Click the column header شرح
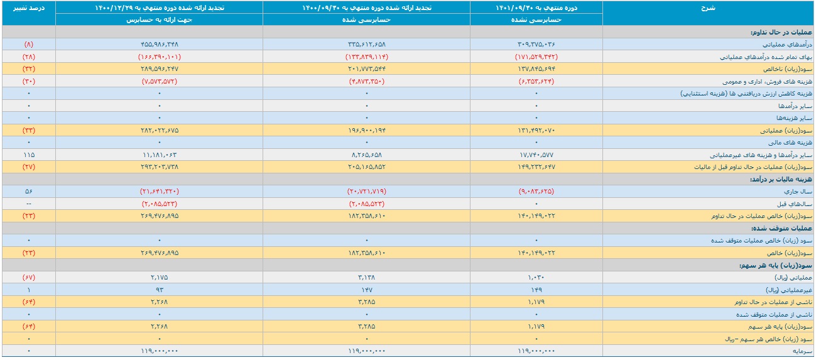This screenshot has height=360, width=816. coord(708,8)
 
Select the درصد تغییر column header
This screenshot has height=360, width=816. coord(29,8)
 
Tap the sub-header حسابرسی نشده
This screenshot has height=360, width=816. coord(536,19)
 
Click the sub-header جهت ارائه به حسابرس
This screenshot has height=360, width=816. coord(159,19)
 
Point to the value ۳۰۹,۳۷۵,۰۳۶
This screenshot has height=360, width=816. coord(536,44)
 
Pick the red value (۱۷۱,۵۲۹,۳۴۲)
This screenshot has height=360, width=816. coord(536,57)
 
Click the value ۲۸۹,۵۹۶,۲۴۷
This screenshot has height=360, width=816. coord(160,69)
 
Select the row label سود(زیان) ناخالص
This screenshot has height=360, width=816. coord(788,69)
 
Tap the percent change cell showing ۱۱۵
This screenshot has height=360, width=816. coord(29,155)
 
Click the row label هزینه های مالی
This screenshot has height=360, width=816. coord(790,143)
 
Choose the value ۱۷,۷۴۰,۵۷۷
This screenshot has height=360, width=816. coord(536,155)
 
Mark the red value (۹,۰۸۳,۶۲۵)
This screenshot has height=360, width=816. coord(536,191)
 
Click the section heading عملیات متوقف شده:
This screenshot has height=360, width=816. coord(781,229)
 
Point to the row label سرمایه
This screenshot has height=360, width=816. coord(803,351)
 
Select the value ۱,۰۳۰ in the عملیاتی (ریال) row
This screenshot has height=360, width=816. coord(536,277)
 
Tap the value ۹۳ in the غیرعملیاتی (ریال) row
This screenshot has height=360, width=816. coord(160,290)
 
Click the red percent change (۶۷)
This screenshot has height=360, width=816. coord(29,277)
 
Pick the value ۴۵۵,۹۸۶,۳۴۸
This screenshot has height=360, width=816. coord(160,44)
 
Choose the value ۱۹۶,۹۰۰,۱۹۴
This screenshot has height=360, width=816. coord(366,130)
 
